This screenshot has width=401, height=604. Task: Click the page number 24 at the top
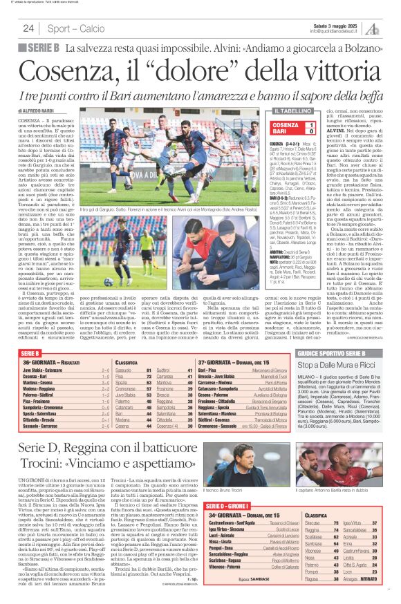click(x=28, y=28)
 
